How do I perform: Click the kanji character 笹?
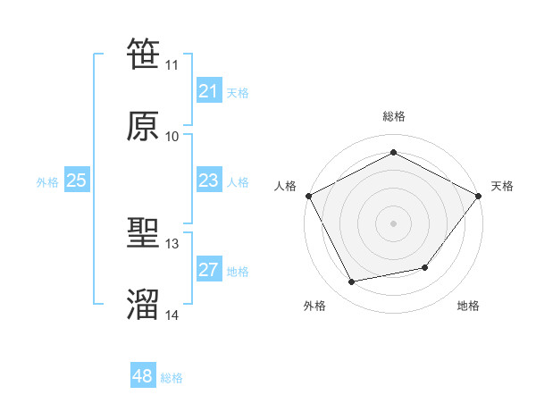coord(144,54)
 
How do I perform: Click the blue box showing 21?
coord(208,91)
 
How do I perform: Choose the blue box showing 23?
coord(208,181)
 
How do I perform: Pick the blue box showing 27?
coord(208,270)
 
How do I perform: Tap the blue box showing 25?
coord(76,181)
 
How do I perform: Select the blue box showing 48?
coord(142,376)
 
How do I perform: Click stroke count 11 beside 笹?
coord(172,65)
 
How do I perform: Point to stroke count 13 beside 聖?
coord(172,244)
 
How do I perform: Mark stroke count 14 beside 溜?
coord(172,315)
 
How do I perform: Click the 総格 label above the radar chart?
coord(393,116)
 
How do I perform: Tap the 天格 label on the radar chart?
coord(502,186)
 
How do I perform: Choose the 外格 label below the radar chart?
coord(314,306)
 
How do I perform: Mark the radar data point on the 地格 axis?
coord(425,267)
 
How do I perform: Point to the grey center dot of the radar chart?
coord(393,223)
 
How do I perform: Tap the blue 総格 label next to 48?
coord(172,378)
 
